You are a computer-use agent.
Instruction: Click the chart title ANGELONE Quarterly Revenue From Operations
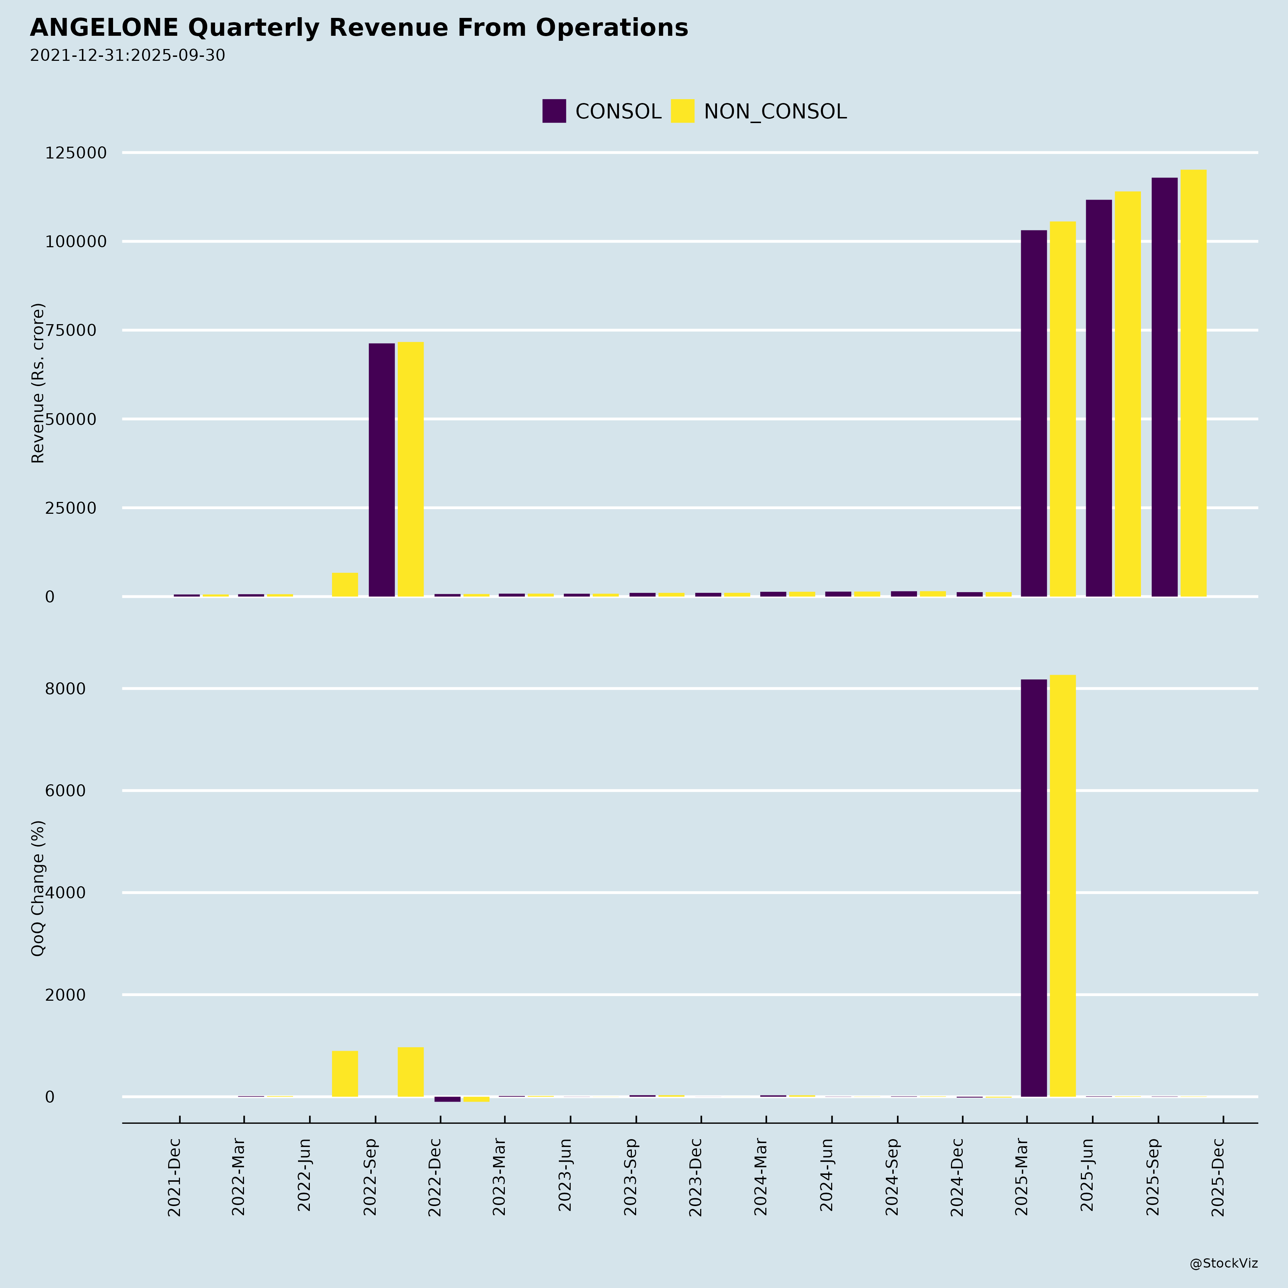coord(358,28)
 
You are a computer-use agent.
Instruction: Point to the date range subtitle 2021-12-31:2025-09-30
coord(127,55)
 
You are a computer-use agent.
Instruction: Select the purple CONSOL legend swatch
coord(554,111)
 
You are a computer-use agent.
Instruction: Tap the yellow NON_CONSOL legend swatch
coord(682,111)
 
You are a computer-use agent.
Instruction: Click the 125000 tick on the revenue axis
coord(75,153)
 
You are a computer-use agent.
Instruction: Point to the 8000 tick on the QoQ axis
coord(65,689)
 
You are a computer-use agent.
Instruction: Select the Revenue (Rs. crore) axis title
coord(38,383)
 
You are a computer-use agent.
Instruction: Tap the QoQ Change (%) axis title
coord(38,888)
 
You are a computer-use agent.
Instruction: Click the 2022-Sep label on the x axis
coord(371,1177)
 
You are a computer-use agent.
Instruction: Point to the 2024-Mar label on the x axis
coord(761,1177)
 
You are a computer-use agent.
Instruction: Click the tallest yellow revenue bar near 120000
coord(1193,383)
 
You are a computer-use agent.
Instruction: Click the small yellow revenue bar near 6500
coord(345,585)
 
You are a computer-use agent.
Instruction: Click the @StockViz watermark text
coord(1223,1263)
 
